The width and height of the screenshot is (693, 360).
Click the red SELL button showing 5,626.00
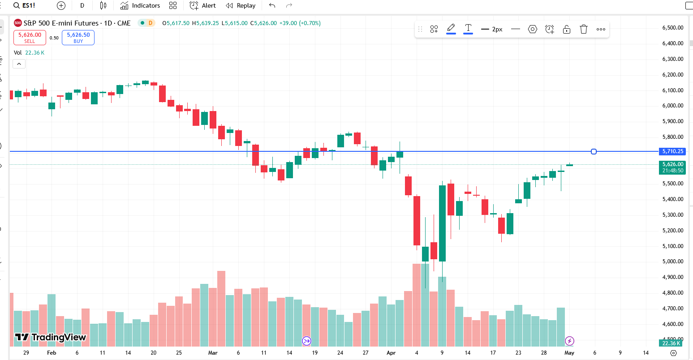(x=30, y=38)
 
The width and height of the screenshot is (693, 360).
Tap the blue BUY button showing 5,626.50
(x=78, y=38)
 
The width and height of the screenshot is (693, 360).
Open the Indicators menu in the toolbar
(x=140, y=6)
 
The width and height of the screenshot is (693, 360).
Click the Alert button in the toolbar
(x=202, y=6)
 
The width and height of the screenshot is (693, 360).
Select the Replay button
(x=241, y=6)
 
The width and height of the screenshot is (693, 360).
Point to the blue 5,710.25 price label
(x=673, y=151)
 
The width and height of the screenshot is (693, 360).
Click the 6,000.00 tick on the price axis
(x=673, y=106)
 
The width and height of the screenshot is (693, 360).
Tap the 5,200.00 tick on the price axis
(x=673, y=231)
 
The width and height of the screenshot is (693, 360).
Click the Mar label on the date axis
(x=213, y=353)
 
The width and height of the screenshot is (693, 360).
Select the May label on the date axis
(x=569, y=353)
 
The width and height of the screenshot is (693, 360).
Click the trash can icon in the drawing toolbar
(x=584, y=29)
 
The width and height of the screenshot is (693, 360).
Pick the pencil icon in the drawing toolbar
(x=451, y=28)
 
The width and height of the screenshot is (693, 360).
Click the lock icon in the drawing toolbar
(x=567, y=29)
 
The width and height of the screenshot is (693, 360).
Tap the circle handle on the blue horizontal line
(x=594, y=151)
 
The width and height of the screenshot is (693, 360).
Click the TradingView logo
(x=50, y=337)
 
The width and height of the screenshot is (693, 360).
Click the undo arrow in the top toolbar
(x=272, y=6)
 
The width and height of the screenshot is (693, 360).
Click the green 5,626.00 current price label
(x=673, y=164)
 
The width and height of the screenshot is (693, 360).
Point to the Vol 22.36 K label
(x=29, y=52)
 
